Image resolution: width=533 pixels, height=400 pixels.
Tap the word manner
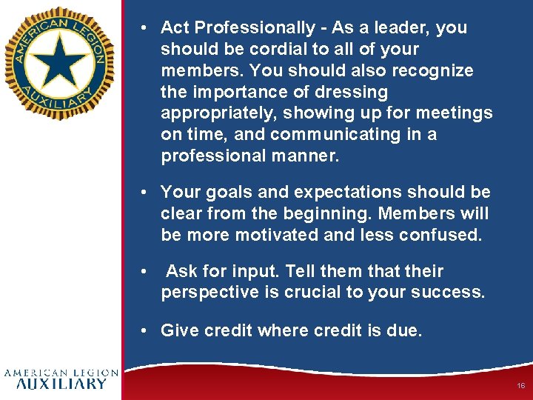click(x=305, y=156)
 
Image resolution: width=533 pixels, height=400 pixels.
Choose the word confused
click(x=441, y=236)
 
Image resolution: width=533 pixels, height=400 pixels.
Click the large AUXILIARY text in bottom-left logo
click(x=61, y=384)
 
